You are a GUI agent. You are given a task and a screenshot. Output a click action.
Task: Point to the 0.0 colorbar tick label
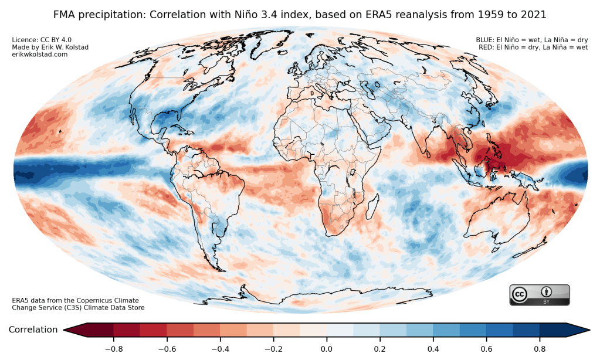326,349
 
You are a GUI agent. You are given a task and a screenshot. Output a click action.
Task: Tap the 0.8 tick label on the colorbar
540,349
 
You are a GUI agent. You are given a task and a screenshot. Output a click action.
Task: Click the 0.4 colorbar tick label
433,349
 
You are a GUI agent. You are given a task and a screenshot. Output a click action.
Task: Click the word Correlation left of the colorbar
33,330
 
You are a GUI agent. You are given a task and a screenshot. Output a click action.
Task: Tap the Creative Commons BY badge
539,295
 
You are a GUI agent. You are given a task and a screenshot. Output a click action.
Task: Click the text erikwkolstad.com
39,55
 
